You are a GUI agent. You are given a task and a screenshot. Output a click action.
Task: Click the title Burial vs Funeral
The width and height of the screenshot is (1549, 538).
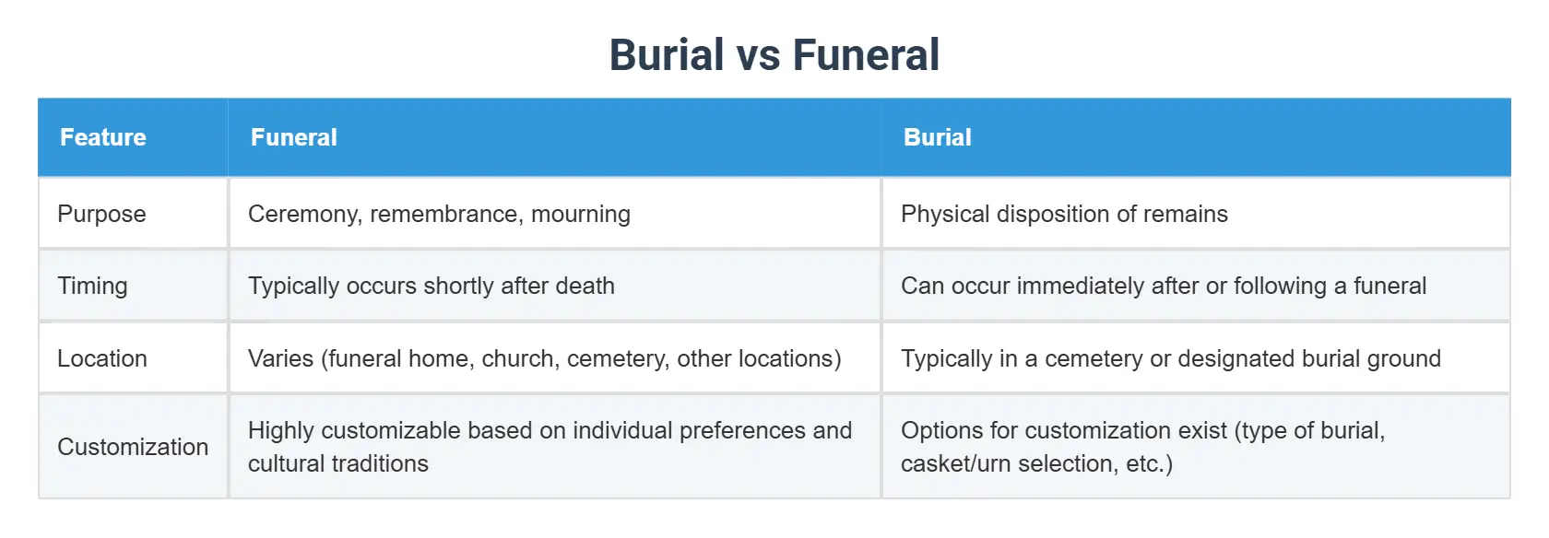(x=774, y=54)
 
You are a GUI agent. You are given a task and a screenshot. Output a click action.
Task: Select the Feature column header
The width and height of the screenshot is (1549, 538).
(x=103, y=137)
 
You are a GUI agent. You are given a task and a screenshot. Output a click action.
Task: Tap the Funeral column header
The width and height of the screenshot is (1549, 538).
(x=294, y=137)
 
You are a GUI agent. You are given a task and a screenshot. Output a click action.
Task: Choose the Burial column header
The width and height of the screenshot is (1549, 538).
(x=937, y=137)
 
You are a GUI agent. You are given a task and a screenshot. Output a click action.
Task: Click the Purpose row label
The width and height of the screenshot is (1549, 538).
(x=101, y=214)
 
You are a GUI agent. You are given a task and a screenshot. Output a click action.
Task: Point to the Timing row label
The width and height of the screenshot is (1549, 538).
(x=92, y=286)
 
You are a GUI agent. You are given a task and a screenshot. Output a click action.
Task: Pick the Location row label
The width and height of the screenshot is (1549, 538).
(x=102, y=358)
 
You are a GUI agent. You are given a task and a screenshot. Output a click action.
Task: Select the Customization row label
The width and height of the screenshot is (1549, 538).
(x=133, y=447)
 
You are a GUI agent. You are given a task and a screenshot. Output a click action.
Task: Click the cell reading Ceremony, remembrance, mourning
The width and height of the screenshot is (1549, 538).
(x=439, y=214)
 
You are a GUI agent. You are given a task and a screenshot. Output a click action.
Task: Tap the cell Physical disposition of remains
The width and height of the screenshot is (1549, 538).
(x=1064, y=214)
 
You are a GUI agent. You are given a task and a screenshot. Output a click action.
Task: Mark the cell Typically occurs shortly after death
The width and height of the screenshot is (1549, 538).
(x=431, y=286)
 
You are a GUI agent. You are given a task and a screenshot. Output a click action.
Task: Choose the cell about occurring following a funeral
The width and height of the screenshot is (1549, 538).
(x=1163, y=286)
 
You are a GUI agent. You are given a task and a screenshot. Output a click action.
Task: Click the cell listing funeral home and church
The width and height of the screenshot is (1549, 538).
(x=544, y=358)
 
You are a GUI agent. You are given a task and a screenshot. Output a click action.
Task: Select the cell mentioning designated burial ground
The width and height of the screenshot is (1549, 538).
(x=1170, y=358)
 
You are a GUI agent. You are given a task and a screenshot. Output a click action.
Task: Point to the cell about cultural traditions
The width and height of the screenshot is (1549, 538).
(x=550, y=447)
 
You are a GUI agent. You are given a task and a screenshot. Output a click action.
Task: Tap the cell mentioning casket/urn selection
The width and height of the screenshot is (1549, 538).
(x=1142, y=447)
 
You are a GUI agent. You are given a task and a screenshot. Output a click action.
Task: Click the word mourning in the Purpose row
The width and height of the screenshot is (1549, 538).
(x=581, y=214)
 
